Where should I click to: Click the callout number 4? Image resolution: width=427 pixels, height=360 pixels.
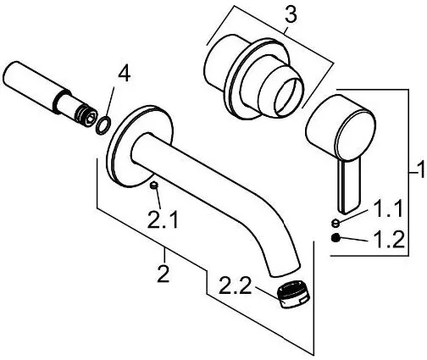pos(125,75)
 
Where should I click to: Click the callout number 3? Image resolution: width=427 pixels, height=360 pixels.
pos(291,14)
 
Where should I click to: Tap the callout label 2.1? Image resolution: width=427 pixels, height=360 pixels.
pos(163,219)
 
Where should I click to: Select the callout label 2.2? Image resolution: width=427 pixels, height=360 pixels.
pos(235,285)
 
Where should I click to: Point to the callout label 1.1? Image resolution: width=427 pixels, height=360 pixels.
pos(388,208)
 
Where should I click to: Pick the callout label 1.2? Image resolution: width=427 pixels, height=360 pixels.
pos(389,240)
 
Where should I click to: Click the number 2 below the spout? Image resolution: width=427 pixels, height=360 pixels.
pos(164,274)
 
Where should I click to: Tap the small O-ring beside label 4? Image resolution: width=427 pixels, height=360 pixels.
pos(103,125)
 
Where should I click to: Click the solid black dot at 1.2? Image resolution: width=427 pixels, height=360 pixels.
pos(335,238)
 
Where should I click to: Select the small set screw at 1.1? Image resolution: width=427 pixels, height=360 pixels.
pos(335,223)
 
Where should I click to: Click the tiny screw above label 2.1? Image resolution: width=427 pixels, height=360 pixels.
pos(154,186)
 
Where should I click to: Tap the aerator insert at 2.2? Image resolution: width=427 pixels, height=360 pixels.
pos(293,294)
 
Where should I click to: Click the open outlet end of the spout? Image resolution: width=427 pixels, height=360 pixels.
pos(285,271)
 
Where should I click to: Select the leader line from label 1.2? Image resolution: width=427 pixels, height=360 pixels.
pos(353,239)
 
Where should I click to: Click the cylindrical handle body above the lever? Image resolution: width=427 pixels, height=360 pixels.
pos(341,125)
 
